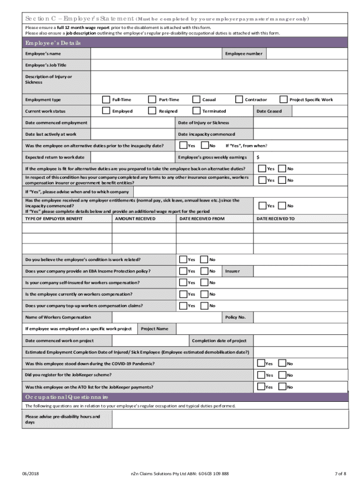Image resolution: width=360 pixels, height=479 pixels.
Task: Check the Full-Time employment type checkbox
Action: [x=106, y=99]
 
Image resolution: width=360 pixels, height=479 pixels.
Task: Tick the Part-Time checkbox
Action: [x=152, y=99]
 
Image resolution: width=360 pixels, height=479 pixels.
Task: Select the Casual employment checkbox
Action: [x=195, y=99]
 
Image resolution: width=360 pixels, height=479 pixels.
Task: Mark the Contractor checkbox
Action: [x=239, y=99]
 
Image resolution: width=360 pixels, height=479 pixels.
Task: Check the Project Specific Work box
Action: [x=283, y=99]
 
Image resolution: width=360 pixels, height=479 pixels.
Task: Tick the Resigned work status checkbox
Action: [x=152, y=111]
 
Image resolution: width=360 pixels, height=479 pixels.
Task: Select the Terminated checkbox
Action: [x=195, y=111]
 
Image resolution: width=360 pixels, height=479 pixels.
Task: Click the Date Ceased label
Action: [x=269, y=111]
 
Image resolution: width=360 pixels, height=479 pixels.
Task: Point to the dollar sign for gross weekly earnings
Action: [x=258, y=157]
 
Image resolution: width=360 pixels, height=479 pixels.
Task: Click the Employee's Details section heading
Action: [x=53, y=43]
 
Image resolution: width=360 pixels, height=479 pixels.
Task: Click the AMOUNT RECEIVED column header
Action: [x=135, y=219]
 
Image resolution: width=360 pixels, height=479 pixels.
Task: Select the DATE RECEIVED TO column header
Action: [x=275, y=219]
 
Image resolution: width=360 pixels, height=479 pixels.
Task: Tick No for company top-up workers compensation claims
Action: [x=204, y=305]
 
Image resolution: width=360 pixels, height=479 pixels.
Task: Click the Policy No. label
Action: [x=235, y=318]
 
